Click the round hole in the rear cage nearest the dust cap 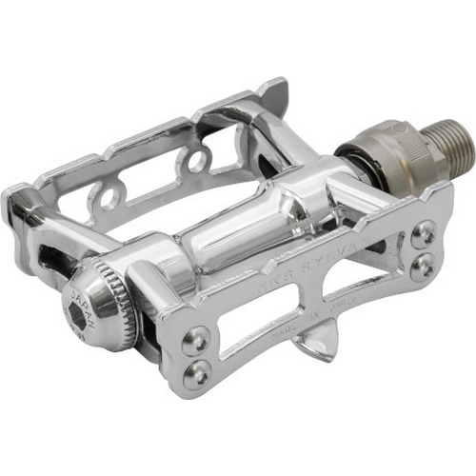click(x=106, y=198)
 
